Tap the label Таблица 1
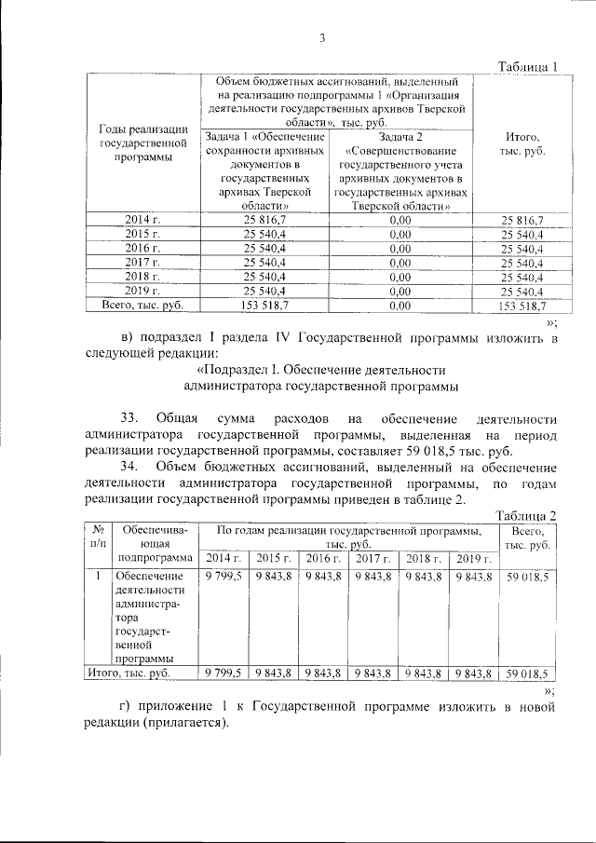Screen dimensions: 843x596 (x=527, y=67)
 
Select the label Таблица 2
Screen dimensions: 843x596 (x=527, y=516)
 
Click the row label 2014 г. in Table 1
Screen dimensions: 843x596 (x=142, y=220)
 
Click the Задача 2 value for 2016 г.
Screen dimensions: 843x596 (x=400, y=249)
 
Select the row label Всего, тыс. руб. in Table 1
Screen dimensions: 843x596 (x=142, y=305)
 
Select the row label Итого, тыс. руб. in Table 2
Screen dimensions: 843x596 (x=128, y=672)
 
